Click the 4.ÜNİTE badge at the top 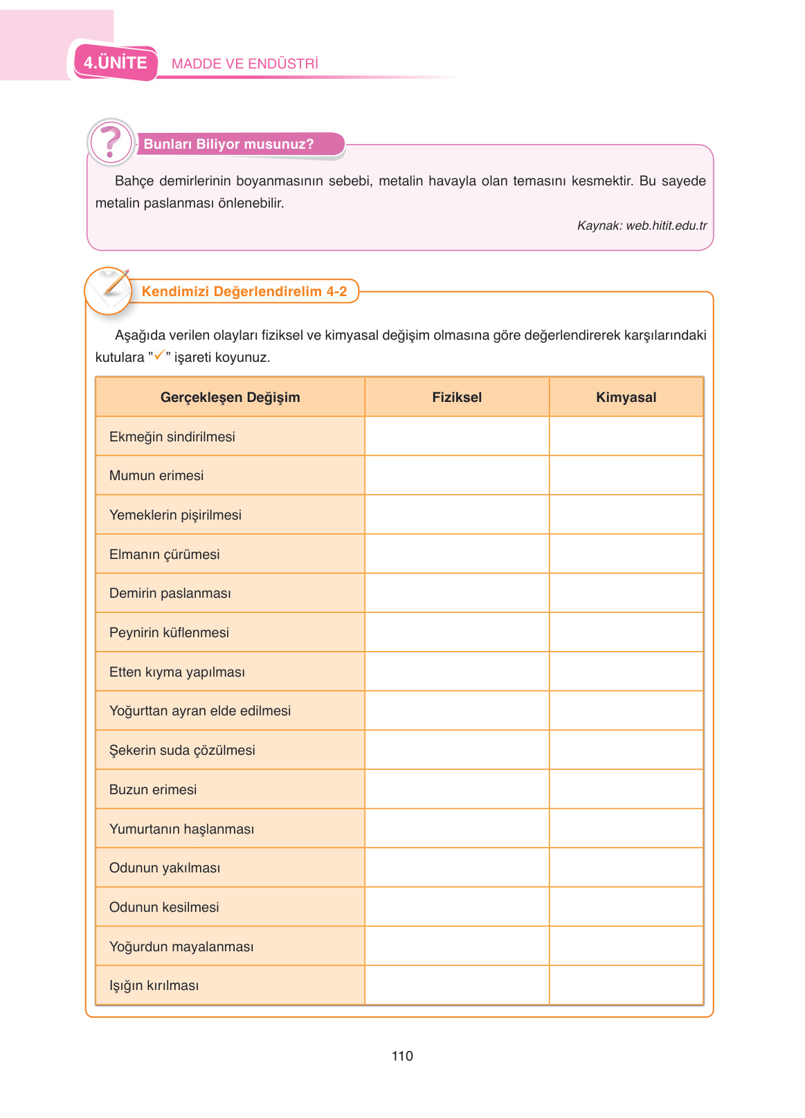(116, 63)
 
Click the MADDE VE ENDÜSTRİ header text (245, 64)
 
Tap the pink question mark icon (111, 142)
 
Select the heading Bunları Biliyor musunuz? (228, 144)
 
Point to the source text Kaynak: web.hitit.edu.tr (642, 226)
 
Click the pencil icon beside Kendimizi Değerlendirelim (109, 290)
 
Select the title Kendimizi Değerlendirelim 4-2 (244, 291)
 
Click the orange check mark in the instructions (159, 355)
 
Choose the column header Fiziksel (457, 397)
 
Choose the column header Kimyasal (626, 397)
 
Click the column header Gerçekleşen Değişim (230, 397)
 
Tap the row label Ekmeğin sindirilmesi (172, 437)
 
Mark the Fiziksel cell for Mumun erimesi (457, 475)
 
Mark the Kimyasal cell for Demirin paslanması (626, 593)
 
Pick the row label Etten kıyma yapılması (177, 672)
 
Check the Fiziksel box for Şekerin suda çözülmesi (457, 750)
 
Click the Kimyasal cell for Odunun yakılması (626, 868)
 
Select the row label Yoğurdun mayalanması (181, 946)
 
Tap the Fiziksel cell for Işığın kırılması (457, 985)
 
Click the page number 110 (402, 1056)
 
